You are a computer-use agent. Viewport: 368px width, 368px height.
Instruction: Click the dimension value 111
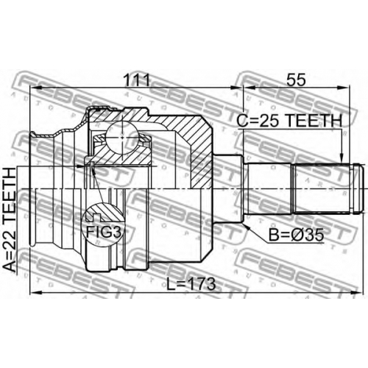pos(136,79)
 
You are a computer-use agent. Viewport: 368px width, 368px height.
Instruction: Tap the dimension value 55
pos(297,79)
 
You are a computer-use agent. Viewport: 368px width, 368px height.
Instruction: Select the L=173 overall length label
pos(191,284)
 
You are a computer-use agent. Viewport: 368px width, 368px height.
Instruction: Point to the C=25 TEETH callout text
pos(289,121)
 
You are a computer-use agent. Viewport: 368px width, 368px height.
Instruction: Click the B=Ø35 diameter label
pos(296,235)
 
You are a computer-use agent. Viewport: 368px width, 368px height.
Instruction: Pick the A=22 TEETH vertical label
pos(10,220)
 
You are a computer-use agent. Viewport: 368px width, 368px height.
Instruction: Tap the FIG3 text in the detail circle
pos(104,232)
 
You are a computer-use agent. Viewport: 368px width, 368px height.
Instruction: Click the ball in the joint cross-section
pos(122,138)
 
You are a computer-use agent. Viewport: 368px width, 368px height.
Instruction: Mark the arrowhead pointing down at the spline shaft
pos(342,158)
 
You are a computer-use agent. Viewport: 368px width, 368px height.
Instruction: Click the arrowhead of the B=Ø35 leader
pos(246,226)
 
